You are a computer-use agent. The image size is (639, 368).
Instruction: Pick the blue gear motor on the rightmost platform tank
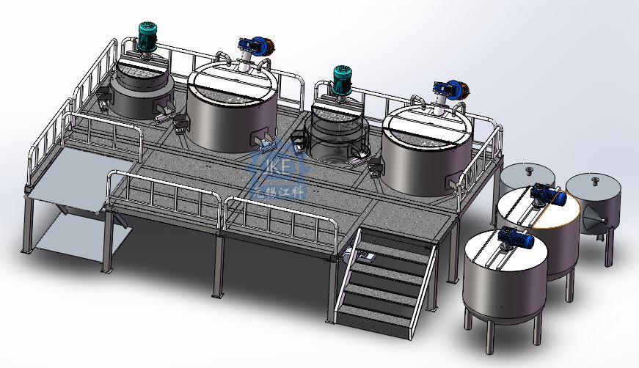coord(447,87)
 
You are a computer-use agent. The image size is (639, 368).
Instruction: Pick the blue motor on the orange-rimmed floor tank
coord(546,194)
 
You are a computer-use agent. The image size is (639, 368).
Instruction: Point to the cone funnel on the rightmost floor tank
coord(591,219)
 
